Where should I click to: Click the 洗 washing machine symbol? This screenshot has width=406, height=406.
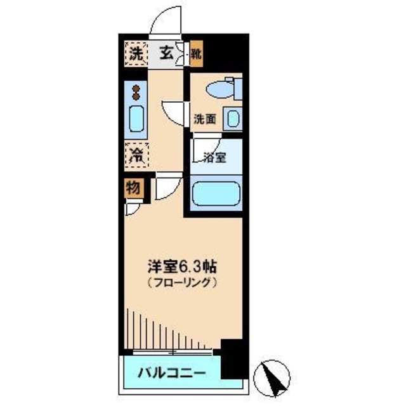click(136, 53)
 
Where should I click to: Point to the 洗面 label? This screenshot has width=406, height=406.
click(206, 118)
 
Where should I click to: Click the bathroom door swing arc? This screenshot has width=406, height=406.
click(204, 145)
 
